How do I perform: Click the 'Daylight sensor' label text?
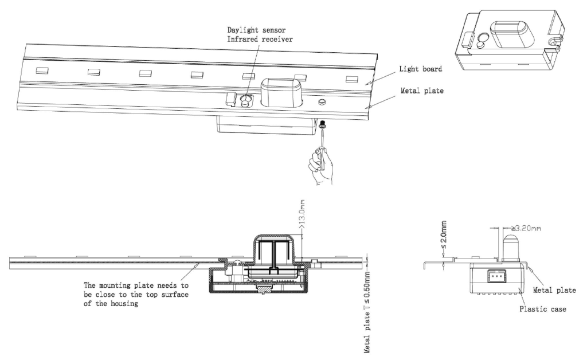pyautogui.click(x=256, y=30)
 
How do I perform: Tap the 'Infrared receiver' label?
pyautogui.click(x=260, y=40)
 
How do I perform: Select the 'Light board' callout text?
pyautogui.click(x=420, y=69)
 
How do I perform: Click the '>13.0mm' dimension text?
pyautogui.click(x=302, y=214)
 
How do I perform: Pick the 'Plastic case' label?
pyautogui.click(x=542, y=309)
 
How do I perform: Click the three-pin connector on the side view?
pyautogui.click(x=494, y=277)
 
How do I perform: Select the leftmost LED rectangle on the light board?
pyautogui.click(x=42, y=70)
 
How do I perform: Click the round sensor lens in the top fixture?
pyautogui.click(x=246, y=100)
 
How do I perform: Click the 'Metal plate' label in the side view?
pyautogui.click(x=554, y=290)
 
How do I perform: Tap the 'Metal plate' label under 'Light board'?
pyautogui.click(x=422, y=91)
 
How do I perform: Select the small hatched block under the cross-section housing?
pyautogui.click(x=264, y=288)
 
